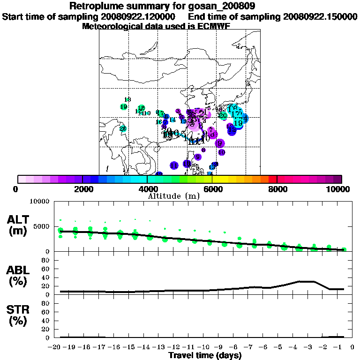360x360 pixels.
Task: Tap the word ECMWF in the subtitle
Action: click(x=215, y=26)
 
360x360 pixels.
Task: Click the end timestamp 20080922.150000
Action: click(x=320, y=17)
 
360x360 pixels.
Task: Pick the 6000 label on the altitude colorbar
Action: click(x=212, y=189)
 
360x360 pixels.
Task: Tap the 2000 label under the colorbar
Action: click(x=82, y=189)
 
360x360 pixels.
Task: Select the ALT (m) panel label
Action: click(x=19, y=225)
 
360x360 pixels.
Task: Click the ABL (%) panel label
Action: click(x=19, y=276)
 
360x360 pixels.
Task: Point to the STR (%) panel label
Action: click(x=19, y=315)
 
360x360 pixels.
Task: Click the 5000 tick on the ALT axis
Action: click(x=42, y=226)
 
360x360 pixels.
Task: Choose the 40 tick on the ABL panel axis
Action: click(x=46, y=277)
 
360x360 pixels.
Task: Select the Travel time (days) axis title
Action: click(x=205, y=356)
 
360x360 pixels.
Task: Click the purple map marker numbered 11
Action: click(x=174, y=165)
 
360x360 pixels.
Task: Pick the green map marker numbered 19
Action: click(x=123, y=107)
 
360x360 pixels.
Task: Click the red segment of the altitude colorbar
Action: click(x=272, y=179)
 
